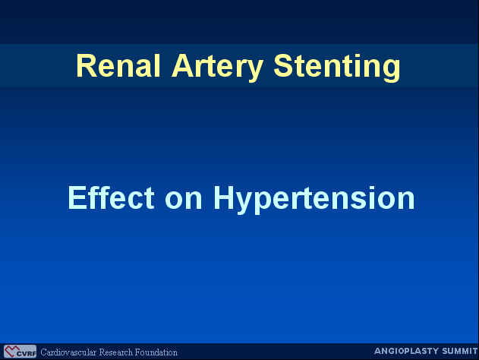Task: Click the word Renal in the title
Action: (118, 66)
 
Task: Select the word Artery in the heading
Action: (218, 68)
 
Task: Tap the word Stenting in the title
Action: (336, 68)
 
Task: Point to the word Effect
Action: (111, 197)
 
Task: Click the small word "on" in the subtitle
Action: (183, 201)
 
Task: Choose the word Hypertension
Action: (314, 200)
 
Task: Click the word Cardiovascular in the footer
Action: (68, 352)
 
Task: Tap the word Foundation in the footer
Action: (156, 352)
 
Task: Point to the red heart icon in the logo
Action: (11, 351)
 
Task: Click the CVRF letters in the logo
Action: (27, 354)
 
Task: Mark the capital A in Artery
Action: (183, 66)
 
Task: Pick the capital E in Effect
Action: (77, 197)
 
